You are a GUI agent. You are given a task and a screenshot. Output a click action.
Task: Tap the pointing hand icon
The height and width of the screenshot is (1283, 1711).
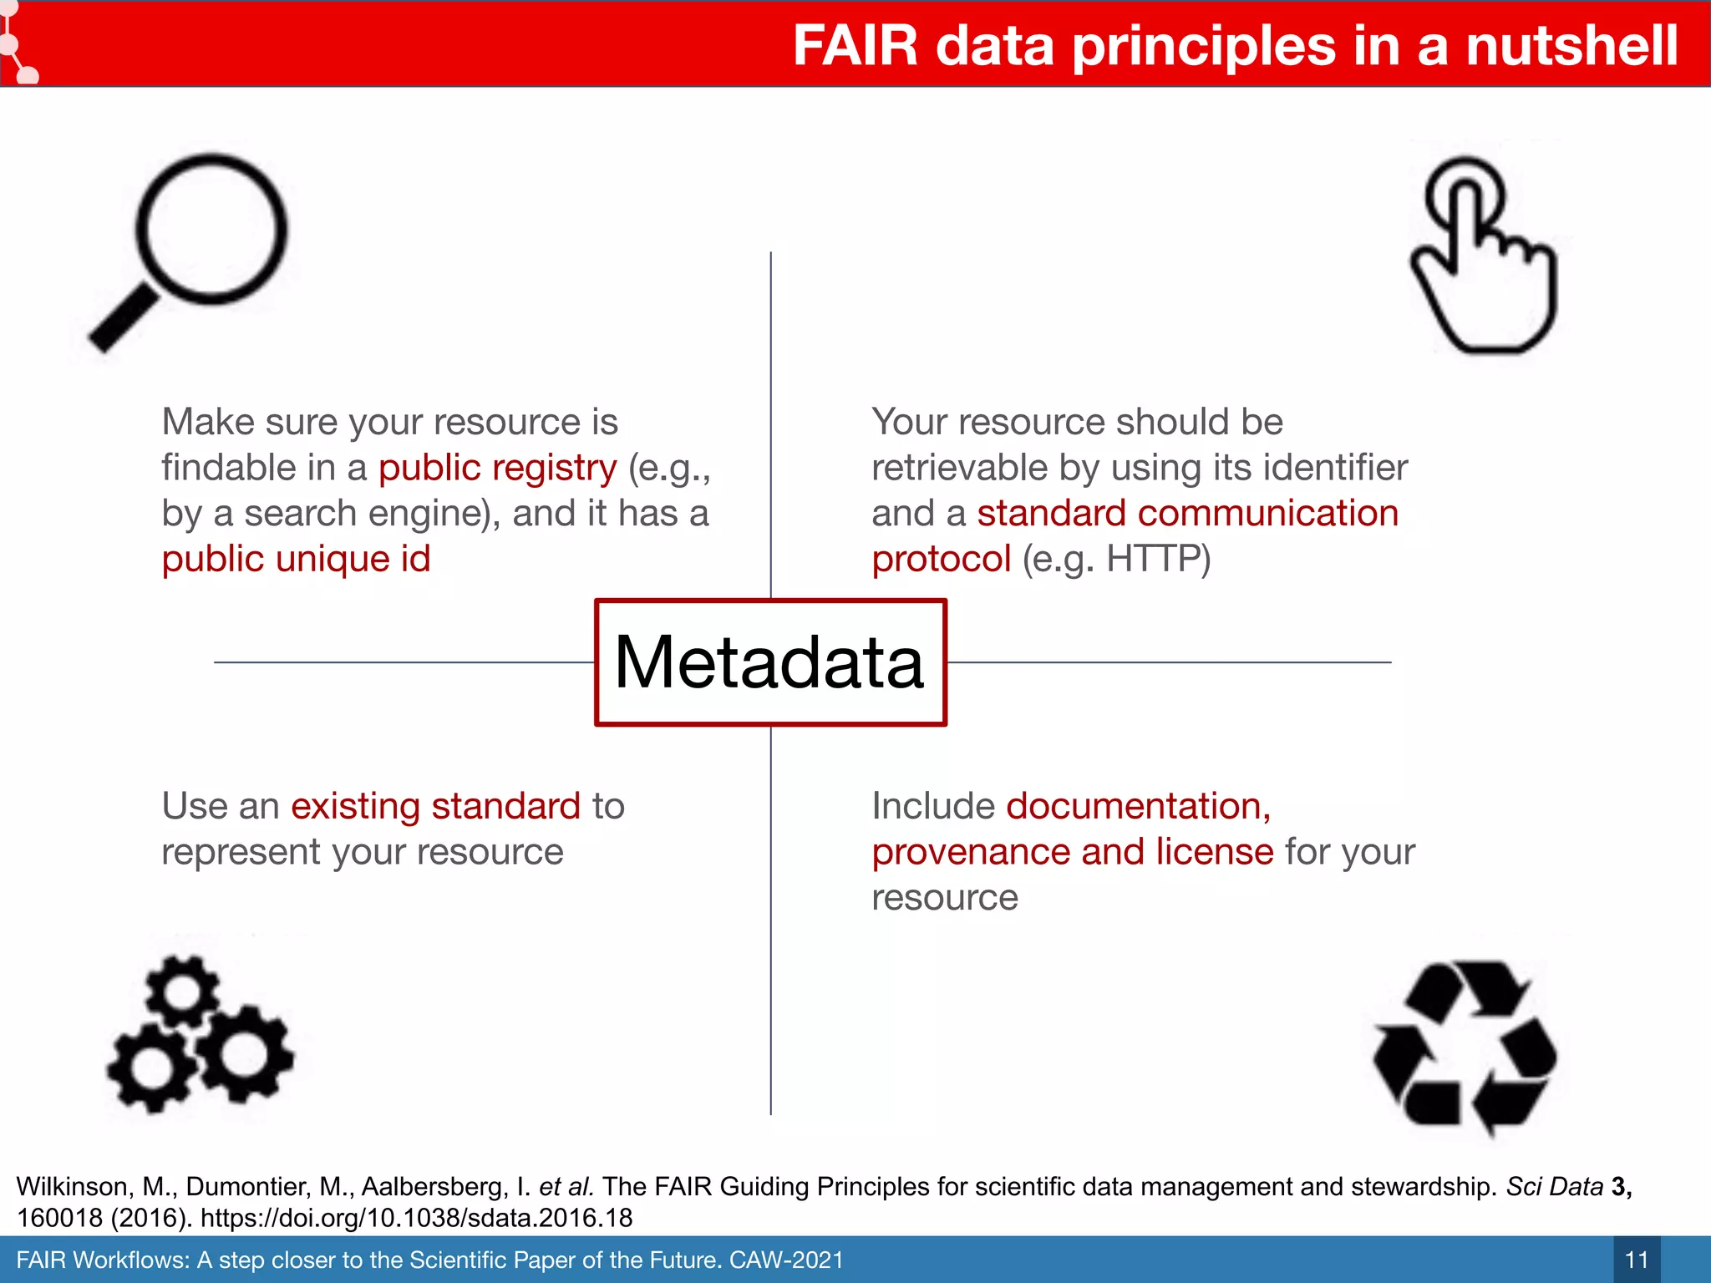point(1483,255)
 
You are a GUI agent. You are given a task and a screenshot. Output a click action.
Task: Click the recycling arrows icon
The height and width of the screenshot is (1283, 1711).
point(1465,1048)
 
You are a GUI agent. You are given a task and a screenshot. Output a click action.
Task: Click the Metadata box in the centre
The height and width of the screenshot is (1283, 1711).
point(769,662)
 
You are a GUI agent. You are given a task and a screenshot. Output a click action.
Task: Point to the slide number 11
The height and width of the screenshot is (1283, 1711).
point(1637,1260)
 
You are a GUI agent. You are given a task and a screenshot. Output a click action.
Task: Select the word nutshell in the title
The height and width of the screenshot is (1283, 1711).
point(1571,45)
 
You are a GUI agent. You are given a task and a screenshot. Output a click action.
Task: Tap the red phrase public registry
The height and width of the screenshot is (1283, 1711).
point(497,468)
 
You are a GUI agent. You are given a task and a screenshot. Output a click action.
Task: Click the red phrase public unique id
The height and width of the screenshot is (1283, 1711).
point(296,559)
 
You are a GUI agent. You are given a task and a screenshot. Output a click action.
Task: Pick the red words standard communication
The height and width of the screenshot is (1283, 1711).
point(1187,513)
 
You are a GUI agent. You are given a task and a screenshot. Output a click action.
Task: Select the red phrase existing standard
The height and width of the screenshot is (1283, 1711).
point(435,806)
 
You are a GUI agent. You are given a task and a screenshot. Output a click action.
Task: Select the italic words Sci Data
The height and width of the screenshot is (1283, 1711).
point(1554,1186)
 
